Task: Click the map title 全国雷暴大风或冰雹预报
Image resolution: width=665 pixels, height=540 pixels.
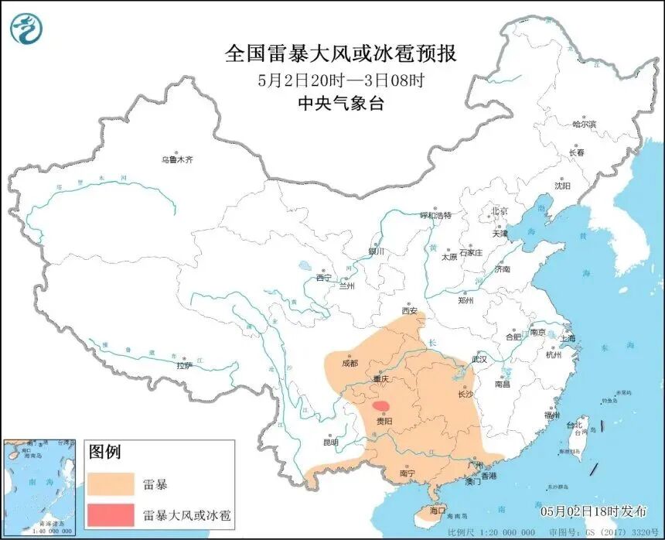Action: (x=340, y=53)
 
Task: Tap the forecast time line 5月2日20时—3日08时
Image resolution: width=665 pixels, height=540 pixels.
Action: (x=340, y=80)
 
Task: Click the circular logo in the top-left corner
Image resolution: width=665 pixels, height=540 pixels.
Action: (x=26, y=28)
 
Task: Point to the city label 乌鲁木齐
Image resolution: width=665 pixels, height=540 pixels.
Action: (x=176, y=159)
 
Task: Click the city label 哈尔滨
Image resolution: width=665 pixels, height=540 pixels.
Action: (x=584, y=124)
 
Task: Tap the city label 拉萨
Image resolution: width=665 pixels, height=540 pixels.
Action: (x=183, y=365)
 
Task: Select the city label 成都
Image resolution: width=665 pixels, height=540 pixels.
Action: (x=350, y=363)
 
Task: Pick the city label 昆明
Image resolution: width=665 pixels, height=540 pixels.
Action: (x=331, y=443)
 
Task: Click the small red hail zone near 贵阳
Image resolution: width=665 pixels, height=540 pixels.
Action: (x=380, y=405)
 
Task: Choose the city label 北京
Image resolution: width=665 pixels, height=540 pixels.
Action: (x=499, y=211)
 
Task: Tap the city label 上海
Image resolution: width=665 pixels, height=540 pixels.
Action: (x=568, y=338)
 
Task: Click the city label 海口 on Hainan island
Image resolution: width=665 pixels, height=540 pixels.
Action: (x=438, y=511)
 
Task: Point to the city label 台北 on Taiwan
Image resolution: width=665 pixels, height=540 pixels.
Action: (x=573, y=425)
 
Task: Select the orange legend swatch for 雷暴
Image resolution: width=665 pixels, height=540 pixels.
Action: (x=110, y=484)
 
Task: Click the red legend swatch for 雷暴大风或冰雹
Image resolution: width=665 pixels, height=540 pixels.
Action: (x=110, y=514)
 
